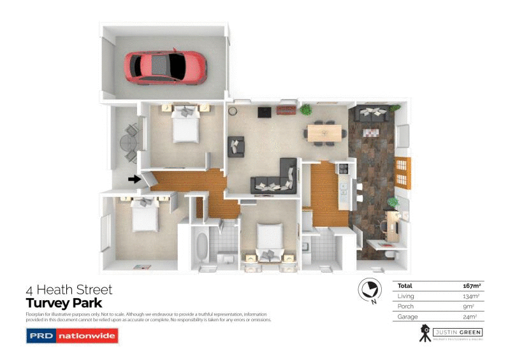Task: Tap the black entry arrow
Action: pyautogui.click(x=134, y=180)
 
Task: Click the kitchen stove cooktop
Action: pyautogui.click(x=342, y=169)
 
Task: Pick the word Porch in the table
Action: pyautogui.click(x=405, y=306)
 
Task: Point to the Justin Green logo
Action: pyautogui.click(x=450, y=333)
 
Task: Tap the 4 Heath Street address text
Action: pyautogui.click(x=69, y=290)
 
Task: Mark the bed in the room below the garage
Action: pyautogui.click(x=186, y=126)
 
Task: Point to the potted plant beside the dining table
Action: pyautogui.click(x=307, y=110)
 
